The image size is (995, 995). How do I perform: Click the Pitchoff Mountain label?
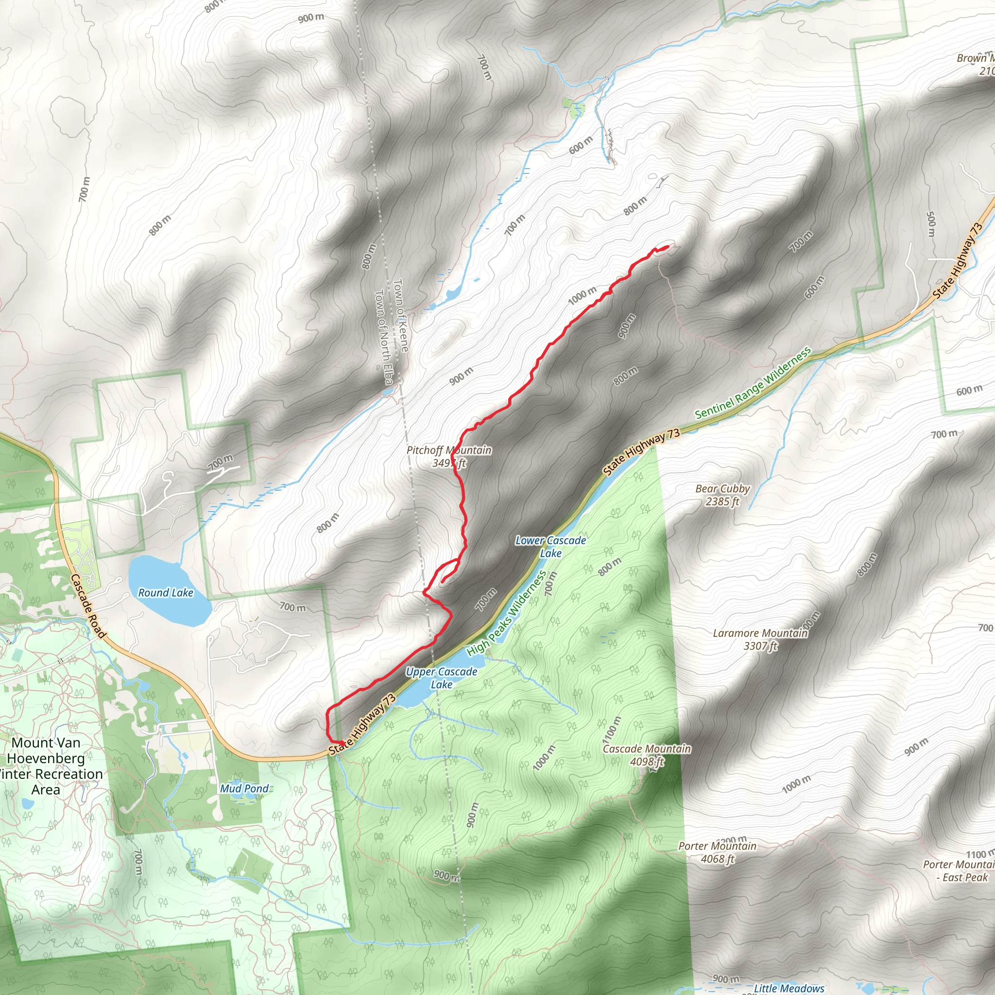point(448,456)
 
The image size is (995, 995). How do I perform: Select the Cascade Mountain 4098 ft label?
point(647,755)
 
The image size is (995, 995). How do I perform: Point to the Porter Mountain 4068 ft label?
point(717,852)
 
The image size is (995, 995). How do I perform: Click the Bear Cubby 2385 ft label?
point(722,495)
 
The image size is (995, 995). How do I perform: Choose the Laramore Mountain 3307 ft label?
point(760,639)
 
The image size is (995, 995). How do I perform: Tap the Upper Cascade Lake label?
point(441,678)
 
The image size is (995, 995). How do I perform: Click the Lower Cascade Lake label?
point(550,547)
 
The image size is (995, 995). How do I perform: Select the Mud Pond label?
point(244,789)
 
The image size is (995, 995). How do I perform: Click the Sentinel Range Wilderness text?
point(753,383)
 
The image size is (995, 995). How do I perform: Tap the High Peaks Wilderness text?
point(506,614)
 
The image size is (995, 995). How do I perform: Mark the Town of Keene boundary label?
point(400,315)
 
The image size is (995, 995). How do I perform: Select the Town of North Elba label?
point(383,337)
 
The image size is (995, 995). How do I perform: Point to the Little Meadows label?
point(789,988)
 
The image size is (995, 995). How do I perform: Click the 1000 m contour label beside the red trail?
point(582,295)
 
